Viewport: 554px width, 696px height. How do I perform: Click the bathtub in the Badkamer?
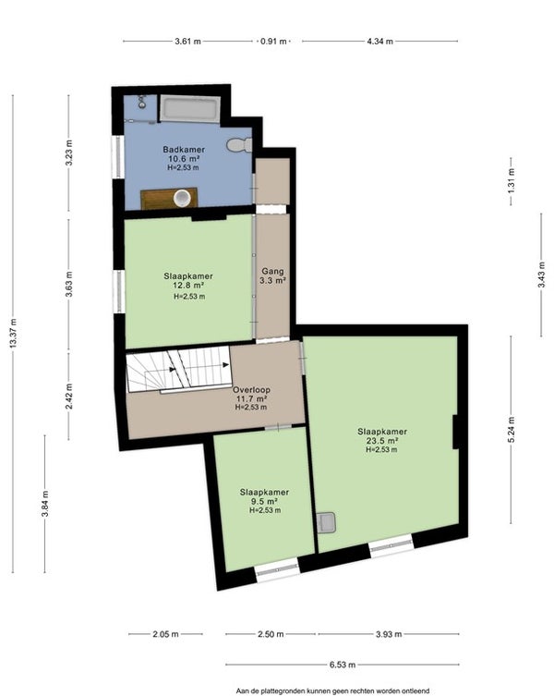[189, 109]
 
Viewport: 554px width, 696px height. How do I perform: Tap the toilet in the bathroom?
[239, 145]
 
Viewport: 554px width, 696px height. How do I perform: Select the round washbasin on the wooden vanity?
[182, 198]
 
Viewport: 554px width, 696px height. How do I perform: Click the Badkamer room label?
[184, 150]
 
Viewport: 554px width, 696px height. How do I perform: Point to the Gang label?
[272, 271]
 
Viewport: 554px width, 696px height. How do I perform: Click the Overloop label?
[251, 390]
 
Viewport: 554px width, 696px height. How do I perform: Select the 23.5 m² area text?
[381, 441]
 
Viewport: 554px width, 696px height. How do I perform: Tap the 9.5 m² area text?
[264, 502]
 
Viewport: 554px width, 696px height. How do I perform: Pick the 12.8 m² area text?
[188, 285]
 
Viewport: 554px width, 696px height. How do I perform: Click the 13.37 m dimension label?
[13, 334]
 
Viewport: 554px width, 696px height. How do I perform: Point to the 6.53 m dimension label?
[343, 665]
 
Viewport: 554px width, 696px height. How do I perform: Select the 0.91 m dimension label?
[273, 42]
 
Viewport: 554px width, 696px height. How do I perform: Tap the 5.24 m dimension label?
[511, 430]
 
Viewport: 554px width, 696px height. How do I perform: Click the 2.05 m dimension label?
[165, 634]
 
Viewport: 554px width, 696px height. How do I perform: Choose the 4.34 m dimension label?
[379, 42]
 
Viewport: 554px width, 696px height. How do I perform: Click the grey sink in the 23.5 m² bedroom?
[328, 522]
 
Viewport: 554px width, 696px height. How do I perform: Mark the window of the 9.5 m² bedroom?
[278, 570]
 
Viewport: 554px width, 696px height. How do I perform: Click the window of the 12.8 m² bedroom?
[118, 292]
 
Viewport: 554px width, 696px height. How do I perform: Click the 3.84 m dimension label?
[45, 504]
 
